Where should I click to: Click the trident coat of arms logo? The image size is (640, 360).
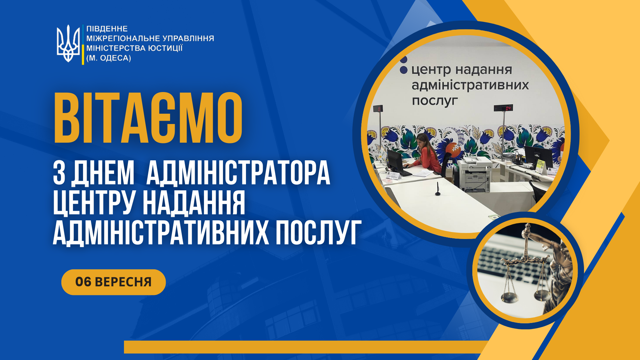click(68, 44)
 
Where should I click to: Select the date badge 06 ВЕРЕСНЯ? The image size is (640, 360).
click(113, 282)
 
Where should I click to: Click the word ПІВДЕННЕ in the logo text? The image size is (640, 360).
click(107, 29)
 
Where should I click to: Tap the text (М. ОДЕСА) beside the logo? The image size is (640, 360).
click(109, 58)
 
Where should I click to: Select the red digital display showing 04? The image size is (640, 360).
click(503, 108)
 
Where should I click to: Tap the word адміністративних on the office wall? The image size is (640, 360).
click(470, 85)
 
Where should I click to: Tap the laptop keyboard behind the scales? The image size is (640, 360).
click(510, 263)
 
